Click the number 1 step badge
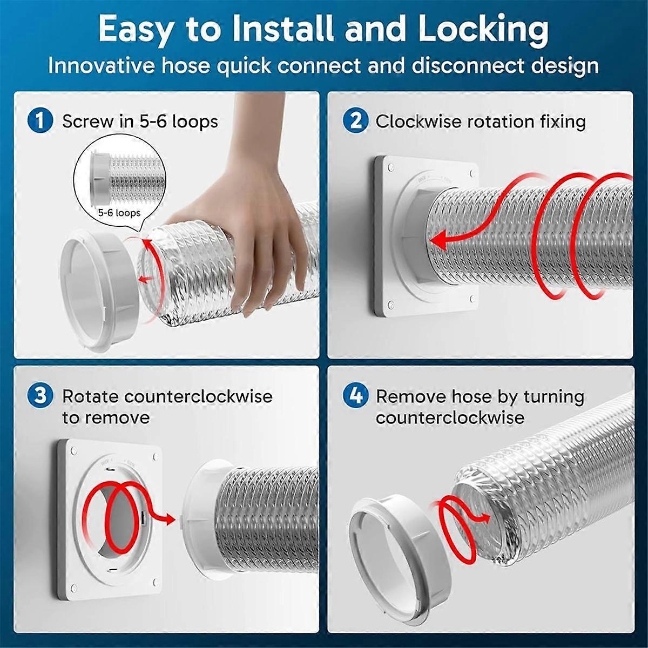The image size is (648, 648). click(40, 120)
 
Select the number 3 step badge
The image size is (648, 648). click(40, 396)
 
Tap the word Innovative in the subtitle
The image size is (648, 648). click(100, 66)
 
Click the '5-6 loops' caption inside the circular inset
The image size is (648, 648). click(119, 213)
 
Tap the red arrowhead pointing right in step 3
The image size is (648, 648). click(170, 519)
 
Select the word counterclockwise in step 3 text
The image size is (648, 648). click(198, 396)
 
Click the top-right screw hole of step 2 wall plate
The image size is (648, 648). click(473, 173)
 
